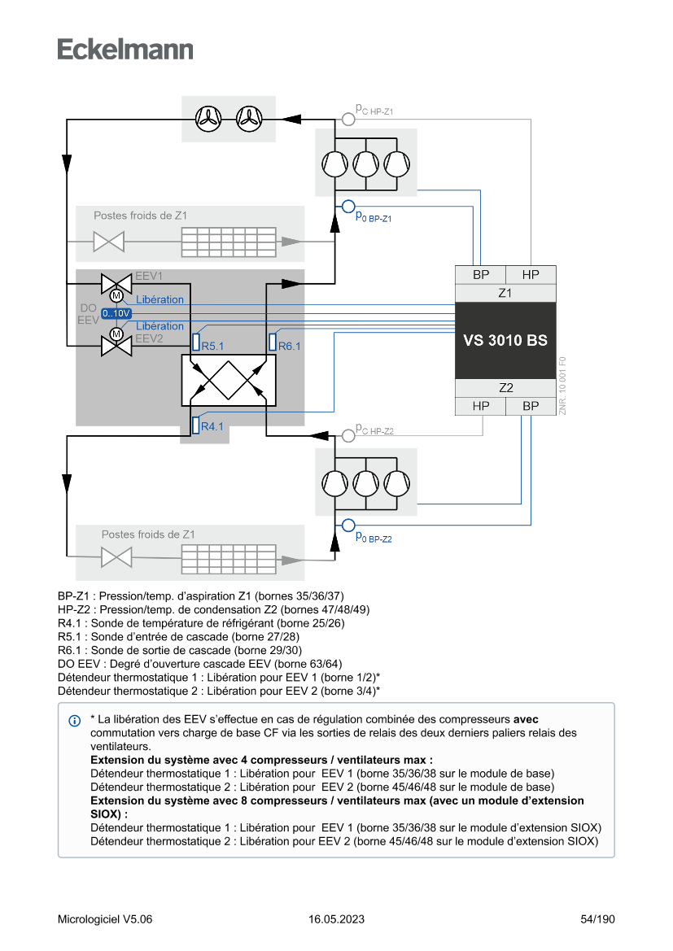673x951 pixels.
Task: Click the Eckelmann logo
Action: tap(125, 49)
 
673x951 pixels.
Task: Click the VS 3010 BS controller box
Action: tap(505, 340)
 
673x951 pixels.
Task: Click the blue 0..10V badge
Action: tap(116, 313)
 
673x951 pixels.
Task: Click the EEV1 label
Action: tap(149, 276)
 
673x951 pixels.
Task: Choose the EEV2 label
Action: tap(149, 338)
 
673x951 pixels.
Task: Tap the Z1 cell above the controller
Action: tap(505, 293)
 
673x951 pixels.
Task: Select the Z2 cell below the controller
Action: tap(505, 388)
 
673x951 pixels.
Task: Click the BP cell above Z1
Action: tap(481, 275)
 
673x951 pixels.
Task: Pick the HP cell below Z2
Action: tap(481, 405)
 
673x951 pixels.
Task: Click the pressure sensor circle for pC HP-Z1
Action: tap(348, 119)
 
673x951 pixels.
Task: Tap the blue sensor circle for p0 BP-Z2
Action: tap(348, 525)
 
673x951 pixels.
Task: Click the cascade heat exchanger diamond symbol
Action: tap(228, 378)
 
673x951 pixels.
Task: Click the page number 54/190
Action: tap(598, 919)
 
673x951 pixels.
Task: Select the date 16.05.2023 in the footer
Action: tap(336, 919)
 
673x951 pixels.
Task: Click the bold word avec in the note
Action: tap(526, 720)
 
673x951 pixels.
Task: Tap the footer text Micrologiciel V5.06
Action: tap(105, 919)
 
